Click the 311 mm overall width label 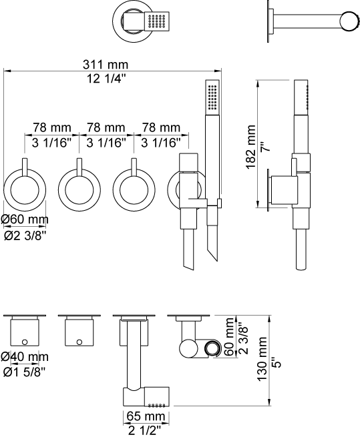[x=106, y=65]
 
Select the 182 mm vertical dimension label [x=250, y=147]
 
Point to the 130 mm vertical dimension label [x=262, y=358]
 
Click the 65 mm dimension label [x=146, y=416]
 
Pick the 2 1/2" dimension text [x=145, y=430]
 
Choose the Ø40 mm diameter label [x=25, y=357]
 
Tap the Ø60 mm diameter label [x=25, y=220]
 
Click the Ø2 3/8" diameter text [x=25, y=236]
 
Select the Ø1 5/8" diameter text [x=25, y=372]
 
